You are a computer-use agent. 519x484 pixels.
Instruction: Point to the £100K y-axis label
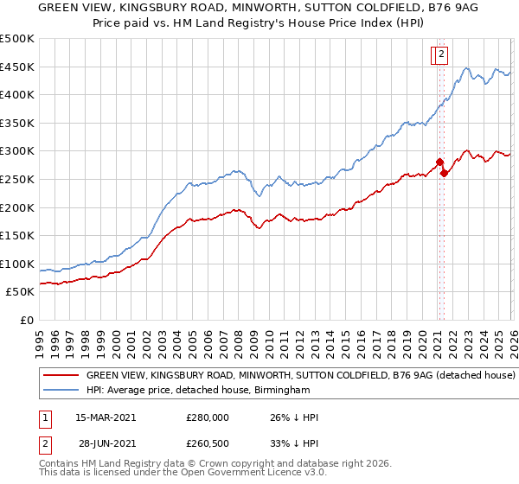point(17,264)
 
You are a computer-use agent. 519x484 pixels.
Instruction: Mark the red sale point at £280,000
point(439,162)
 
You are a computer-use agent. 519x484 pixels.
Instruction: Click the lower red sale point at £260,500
point(444,173)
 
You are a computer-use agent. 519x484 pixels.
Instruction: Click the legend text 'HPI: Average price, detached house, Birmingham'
point(198,391)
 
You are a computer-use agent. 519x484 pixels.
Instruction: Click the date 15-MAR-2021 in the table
point(106,417)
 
